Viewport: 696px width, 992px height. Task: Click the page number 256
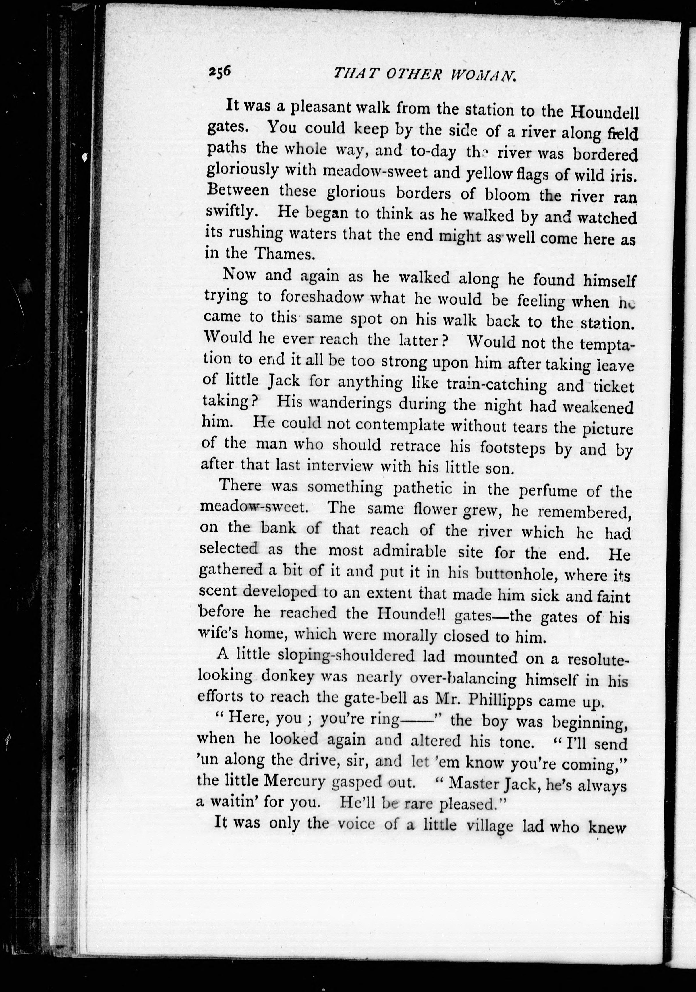coord(220,71)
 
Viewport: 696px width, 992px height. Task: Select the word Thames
coord(284,254)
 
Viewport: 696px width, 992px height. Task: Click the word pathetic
coord(423,489)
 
